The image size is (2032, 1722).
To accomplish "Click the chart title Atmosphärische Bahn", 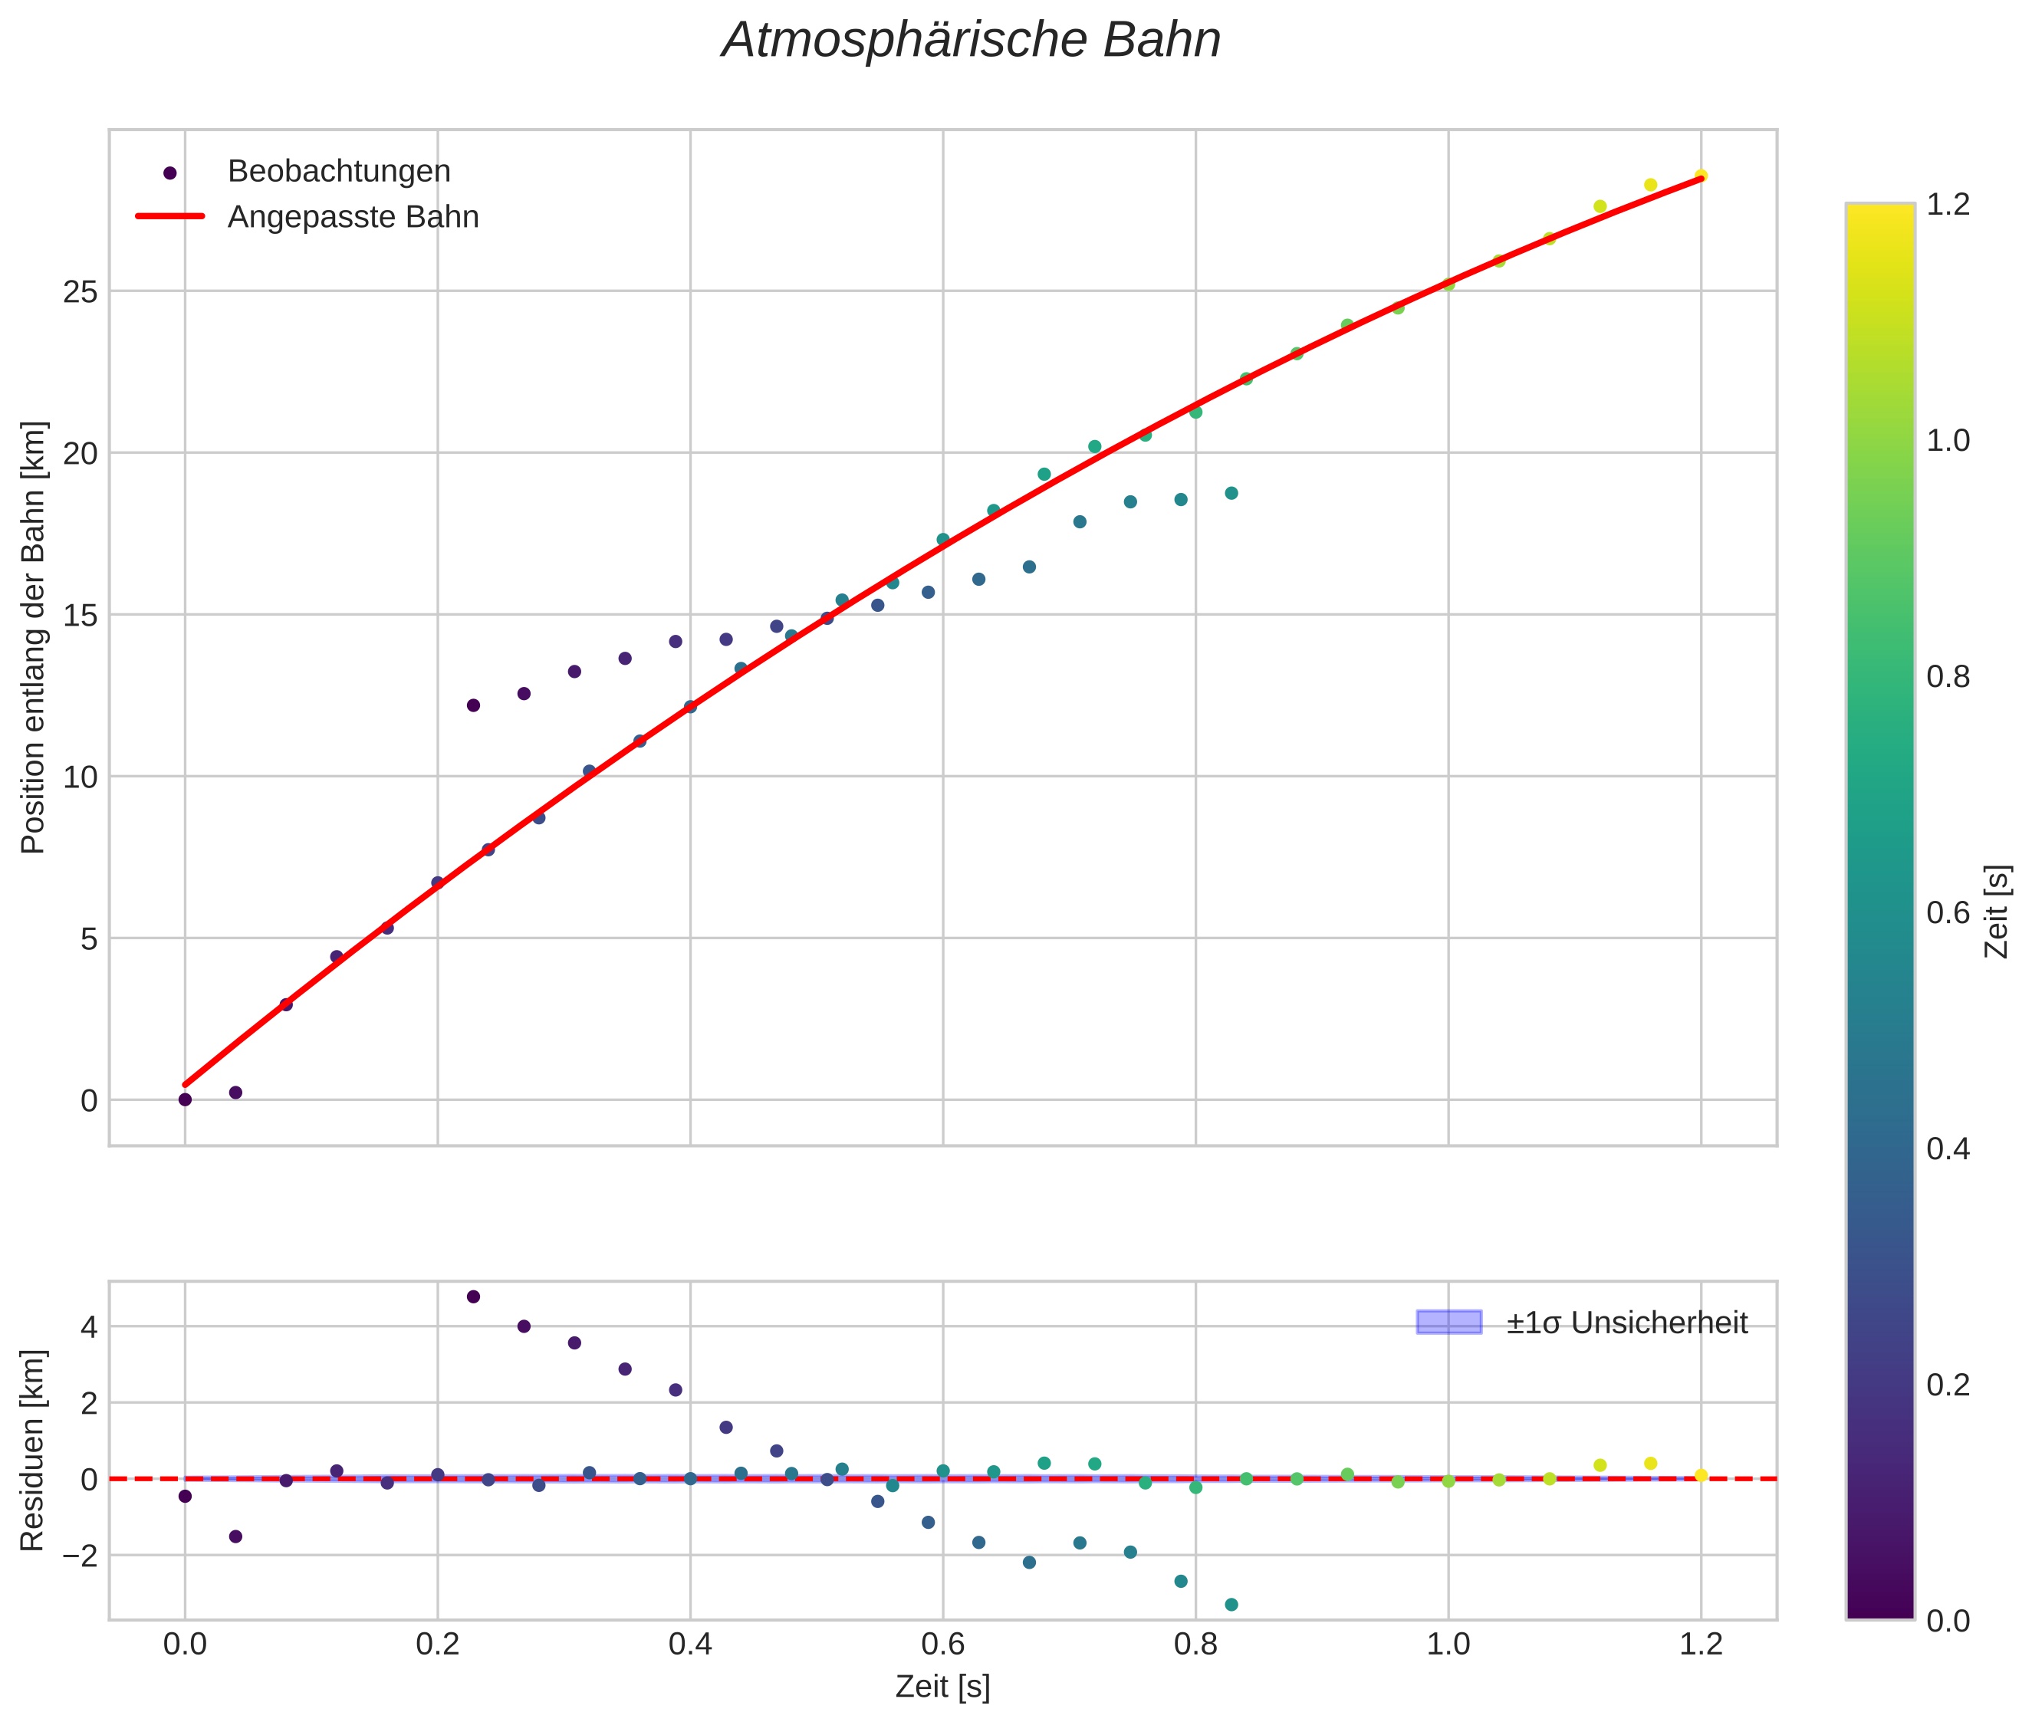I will point(971,41).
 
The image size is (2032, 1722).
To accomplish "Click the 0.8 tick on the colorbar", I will point(1947,676).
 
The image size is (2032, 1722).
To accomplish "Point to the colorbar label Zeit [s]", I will point(1999,912).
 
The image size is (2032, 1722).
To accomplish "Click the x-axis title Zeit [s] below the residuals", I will point(942,1687).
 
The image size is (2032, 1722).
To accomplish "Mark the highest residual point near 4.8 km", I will point(474,1296).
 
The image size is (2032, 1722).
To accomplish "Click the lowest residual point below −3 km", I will point(1231,1605).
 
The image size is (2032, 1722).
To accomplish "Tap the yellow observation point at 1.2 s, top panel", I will point(1701,176).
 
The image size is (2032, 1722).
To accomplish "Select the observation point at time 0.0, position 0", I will point(185,1100).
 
